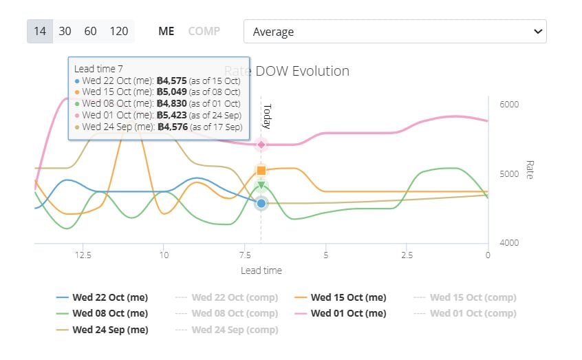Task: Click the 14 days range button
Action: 40,32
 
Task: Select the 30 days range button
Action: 65,32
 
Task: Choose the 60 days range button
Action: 90,32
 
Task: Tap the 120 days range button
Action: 118,32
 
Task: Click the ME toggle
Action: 166,32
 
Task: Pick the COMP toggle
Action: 204,32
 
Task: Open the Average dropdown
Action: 395,32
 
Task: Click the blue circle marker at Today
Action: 261,203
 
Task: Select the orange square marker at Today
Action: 261,170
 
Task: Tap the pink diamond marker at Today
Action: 261,144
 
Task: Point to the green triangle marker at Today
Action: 261,184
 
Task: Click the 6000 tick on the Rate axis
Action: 509,105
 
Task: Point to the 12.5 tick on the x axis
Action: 83,255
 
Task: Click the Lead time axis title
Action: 261,271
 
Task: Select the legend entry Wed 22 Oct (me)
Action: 109,297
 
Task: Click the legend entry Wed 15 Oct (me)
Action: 348,297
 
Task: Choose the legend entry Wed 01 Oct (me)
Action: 348,313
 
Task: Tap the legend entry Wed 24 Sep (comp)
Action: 234,330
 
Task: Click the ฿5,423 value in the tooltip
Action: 172,116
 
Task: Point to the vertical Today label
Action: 268,116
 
